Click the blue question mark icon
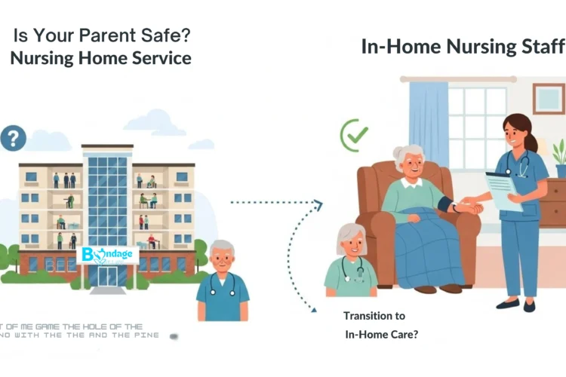[14, 138]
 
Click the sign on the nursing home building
[108, 255]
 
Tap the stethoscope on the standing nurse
[520, 162]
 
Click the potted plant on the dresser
[560, 156]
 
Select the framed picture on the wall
[549, 98]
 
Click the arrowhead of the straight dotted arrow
[318, 203]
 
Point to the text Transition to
[374, 316]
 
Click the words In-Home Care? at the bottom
[382, 334]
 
